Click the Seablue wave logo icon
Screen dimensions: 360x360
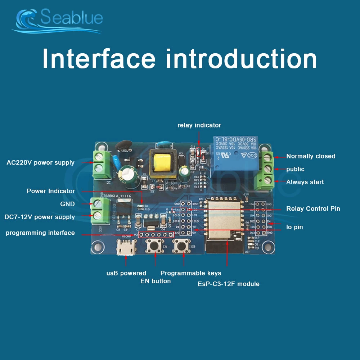coord(26,20)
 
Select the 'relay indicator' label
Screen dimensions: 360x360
coord(199,125)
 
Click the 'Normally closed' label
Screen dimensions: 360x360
coord(310,156)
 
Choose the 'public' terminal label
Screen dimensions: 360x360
coord(295,169)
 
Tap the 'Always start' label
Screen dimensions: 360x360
coord(305,182)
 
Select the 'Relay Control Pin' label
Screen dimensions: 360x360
coord(313,209)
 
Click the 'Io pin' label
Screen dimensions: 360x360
coord(294,227)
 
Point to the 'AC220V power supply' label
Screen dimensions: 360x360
coord(40,163)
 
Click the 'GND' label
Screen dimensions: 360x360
coord(67,204)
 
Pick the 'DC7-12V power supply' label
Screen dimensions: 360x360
coord(40,217)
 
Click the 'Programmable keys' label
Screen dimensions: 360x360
coord(191,273)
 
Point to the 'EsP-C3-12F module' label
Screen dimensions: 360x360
coord(228,284)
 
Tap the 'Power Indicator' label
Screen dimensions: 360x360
coord(51,191)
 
